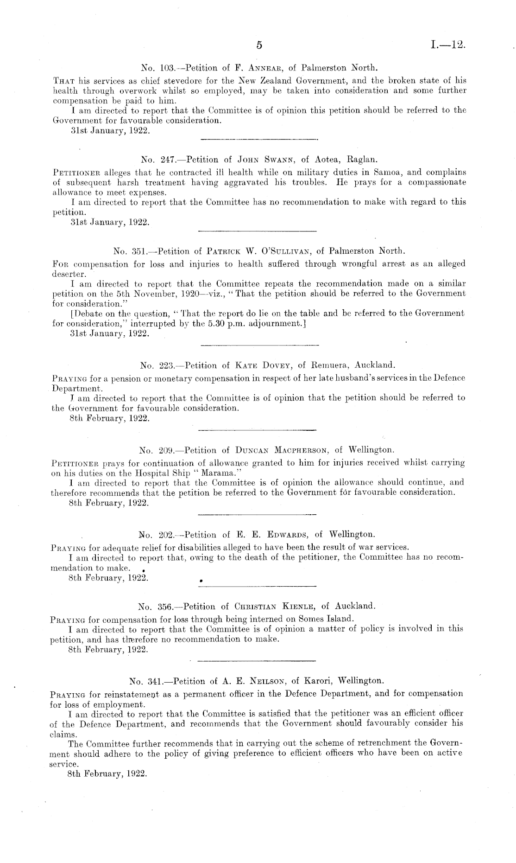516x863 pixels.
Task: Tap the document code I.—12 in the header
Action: coord(447,45)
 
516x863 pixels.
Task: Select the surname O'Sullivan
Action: coord(288,251)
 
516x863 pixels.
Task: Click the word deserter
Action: coord(66,274)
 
